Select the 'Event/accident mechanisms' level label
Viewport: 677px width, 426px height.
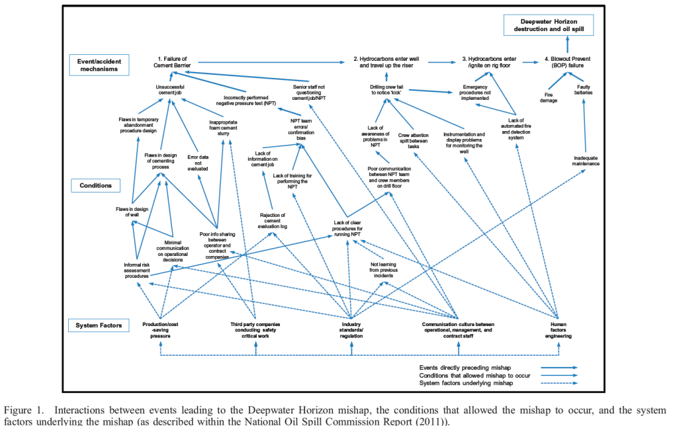pyautogui.click(x=99, y=65)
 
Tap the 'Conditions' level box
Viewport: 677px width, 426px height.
pyautogui.click(x=96, y=185)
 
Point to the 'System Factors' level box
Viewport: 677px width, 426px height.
pyautogui.click(x=99, y=325)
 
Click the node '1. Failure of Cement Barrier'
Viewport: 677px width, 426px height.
pyautogui.click(x=171, y=63)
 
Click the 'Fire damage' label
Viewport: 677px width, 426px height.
pyautogui.click(x=549, y=97)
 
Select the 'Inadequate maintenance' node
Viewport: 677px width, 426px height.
pyautogui.click(x=586, y=161)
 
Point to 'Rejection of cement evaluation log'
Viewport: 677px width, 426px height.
pyautogui.click(x=272, y=220)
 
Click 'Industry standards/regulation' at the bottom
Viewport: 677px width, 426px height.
pyautogui.click(x=351, y=329)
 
